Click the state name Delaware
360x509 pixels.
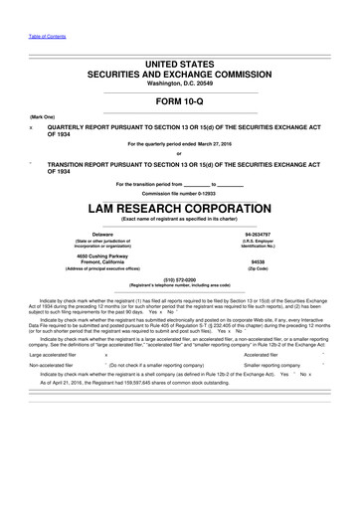(x=102, y=235)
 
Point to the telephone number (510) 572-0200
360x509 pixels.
(x=179, y=280)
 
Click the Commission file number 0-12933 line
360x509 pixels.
(x=179, y=192)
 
